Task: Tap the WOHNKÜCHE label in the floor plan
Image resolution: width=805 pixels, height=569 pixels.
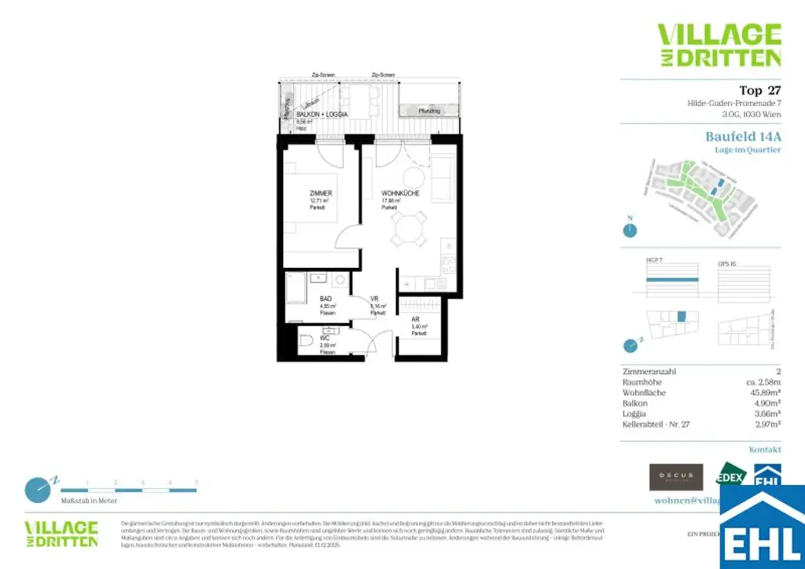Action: tap(400, 193)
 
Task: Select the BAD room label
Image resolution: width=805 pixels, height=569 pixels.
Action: tap(325, 299)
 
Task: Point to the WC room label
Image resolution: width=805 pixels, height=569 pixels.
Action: tap(325, 339)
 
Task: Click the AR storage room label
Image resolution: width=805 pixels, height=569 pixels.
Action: tap(415, 320)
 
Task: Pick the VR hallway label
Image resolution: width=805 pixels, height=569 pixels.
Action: tap(376, 299)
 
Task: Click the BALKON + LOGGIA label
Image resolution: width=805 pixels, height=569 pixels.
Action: tap(322, 115)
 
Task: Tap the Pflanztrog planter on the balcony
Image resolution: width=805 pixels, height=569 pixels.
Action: tap(428, 112)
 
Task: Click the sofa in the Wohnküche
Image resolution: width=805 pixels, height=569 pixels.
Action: tap(443, 177)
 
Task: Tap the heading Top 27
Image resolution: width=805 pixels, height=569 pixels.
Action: tap(760, 90)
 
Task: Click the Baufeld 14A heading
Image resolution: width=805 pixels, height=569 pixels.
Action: tap(743, 136)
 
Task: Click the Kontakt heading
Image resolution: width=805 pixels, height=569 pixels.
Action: tap(765, 450)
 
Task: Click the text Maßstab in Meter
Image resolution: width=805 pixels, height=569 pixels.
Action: tap(90, 501)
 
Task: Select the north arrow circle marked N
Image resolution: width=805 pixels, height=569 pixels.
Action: tap(629, 230)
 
